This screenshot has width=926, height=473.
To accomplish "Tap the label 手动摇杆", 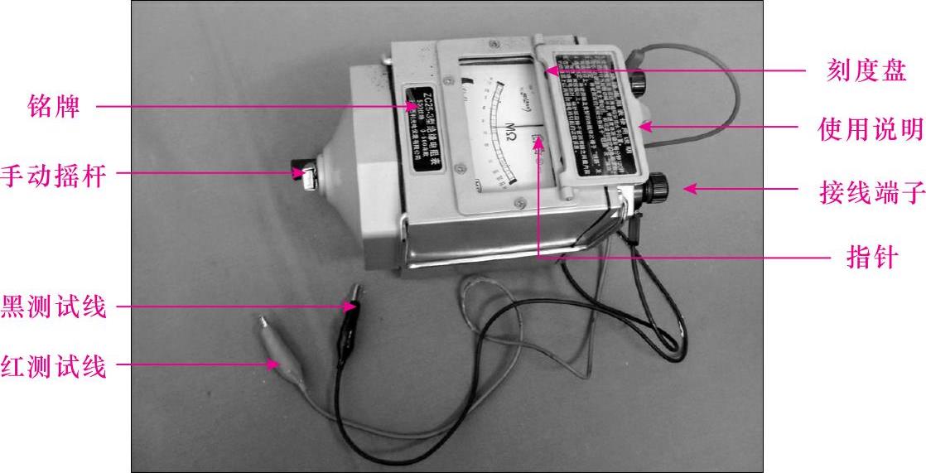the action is click(x=54, y=175).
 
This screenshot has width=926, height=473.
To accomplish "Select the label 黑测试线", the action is click(x=54, y=306).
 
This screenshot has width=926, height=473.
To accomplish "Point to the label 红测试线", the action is click(x=54, y=364).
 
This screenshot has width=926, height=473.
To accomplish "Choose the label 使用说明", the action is click(x=871, y=129).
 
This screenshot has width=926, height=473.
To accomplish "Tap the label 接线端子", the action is click(x=871, y=195).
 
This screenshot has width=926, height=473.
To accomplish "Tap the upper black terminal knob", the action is click(x=639, y=83).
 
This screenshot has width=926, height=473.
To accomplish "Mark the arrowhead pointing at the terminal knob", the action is click(x=686, y=189).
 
